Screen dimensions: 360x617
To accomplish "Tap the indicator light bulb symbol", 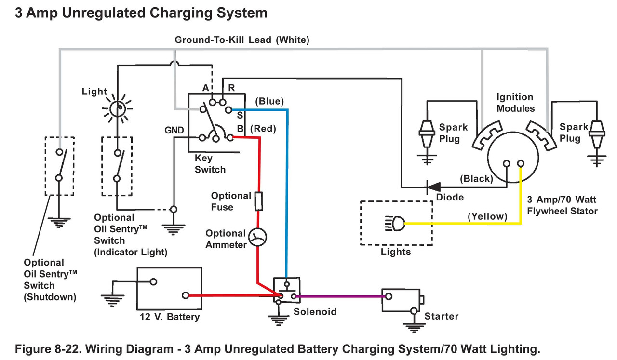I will pyautogui.click(x=117, y=109).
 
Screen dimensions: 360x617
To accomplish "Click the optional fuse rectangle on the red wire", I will pyautogui.click(x=259, y=201).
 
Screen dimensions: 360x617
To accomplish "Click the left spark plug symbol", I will pyautogui.click(x=427, y=134).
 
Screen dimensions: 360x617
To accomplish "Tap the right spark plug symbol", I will pyautogui.click(x=598, y=134).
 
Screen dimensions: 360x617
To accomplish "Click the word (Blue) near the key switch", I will pyautogui.click(x=269, y=101).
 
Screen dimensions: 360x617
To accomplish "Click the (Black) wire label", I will pyautogui.click(x=476, y=178).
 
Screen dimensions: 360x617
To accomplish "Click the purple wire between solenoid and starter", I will pyautogui.click(x=337, y=296).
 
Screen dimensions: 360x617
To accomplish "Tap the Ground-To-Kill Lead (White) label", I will pyautogui.click(x=241, y=40).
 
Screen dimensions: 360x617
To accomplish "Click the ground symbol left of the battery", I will pyautogui.click(x=112, y=299).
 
